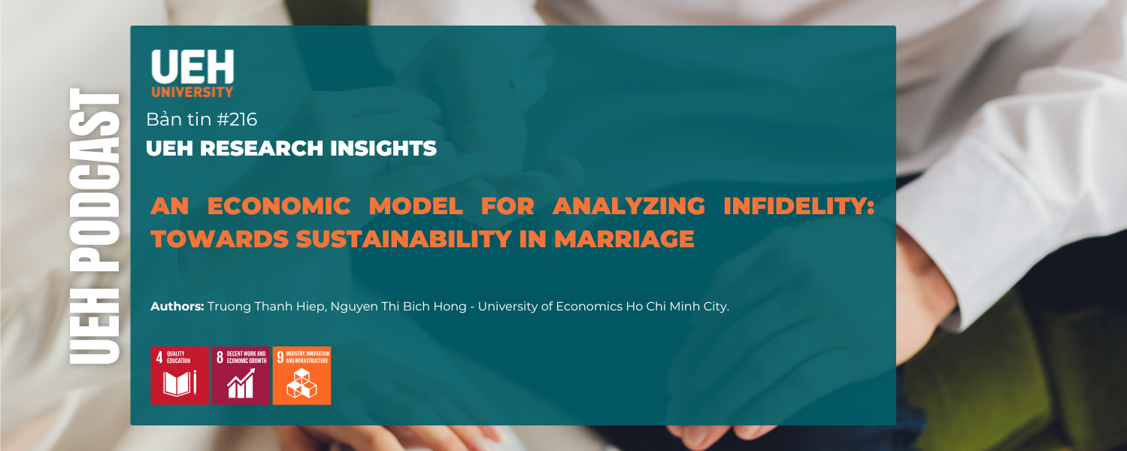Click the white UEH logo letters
(192, 67)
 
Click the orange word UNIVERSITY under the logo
(192, 92)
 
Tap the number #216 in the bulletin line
(237, 120)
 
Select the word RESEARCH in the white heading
(258, 149)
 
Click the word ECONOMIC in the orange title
(280, 206)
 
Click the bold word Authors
(177, 307)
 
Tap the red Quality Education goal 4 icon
(180, 376)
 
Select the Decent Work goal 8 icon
(241, 376)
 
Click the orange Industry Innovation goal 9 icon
(301, 376)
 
